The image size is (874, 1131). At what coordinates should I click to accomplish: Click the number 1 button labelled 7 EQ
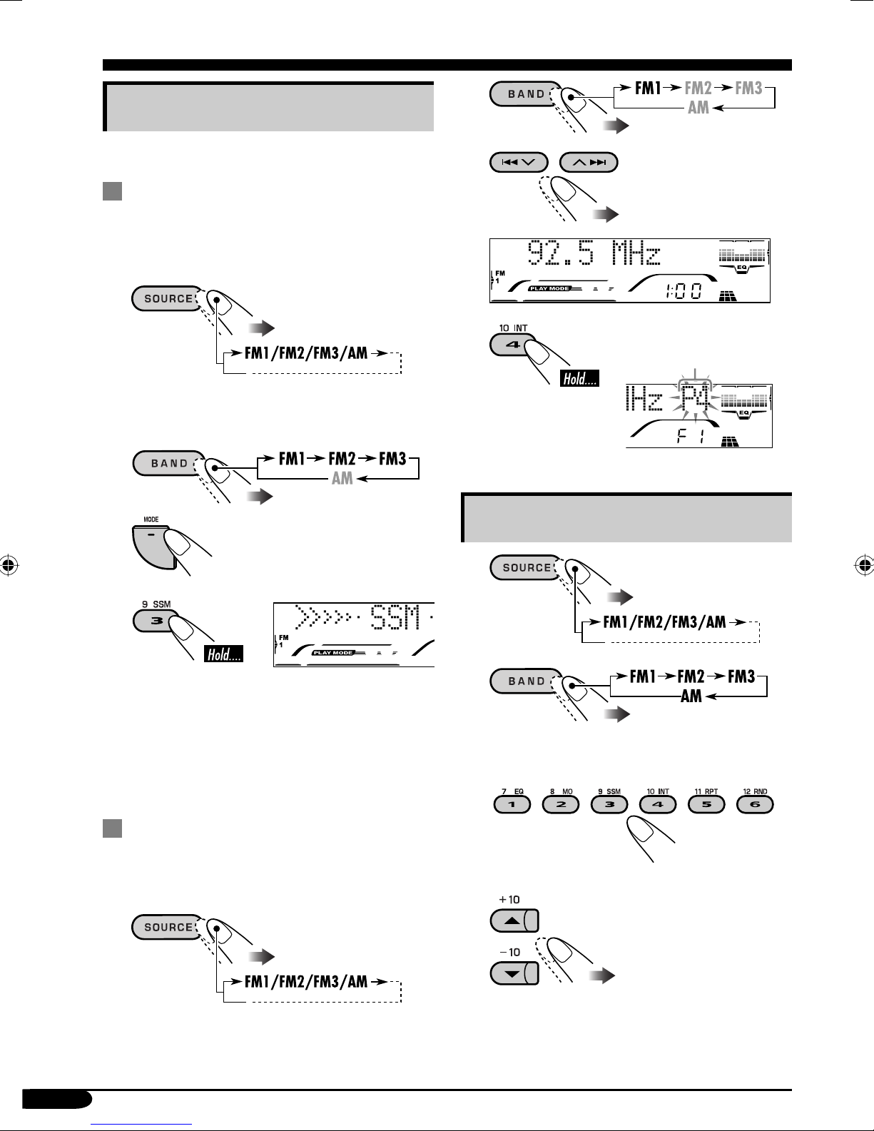tap(512, 804)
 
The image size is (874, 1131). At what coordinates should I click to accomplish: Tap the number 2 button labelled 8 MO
tap(561, 804)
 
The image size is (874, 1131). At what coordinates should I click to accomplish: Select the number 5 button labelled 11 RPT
tap(706, 804)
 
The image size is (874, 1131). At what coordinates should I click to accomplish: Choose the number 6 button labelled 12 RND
tap(755, 804)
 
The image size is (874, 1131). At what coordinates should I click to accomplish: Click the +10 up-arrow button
tap(514, 920)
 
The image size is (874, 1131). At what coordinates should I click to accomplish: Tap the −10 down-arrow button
tap(514, 973)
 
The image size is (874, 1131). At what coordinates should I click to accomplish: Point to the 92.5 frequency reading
tap(560, 253)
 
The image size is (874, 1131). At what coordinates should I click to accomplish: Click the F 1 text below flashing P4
tap(691, 436)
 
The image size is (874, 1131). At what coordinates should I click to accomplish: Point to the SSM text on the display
tap(395, 617)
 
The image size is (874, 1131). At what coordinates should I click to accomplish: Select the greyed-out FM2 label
tap(698, 88)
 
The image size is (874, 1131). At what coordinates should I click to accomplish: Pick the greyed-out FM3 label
tap(748, 88)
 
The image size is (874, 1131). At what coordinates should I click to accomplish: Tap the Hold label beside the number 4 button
tap(579, 378)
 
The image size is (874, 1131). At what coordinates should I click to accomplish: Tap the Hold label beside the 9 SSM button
tap(224, 654)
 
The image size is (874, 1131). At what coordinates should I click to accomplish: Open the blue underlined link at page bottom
tap(141, 1125)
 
